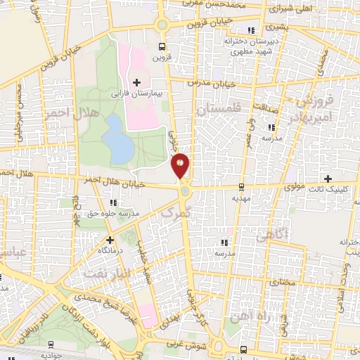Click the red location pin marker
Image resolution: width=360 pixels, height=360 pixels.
[180, 166]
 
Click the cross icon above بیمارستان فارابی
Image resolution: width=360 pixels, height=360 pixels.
[136, 83]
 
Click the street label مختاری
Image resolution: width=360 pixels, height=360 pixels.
[280, 281]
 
